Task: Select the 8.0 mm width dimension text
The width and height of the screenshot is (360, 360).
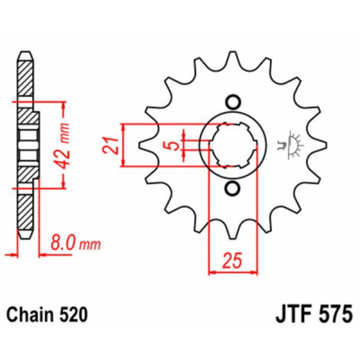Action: (75, 244)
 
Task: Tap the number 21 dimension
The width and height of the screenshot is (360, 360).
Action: (109, 145)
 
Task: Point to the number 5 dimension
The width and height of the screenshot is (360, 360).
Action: (173, 145)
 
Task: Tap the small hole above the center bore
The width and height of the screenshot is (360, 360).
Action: (232, 101)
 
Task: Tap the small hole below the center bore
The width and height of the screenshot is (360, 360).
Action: (232, 189)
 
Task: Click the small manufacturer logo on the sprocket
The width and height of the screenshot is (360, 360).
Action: (290, 144)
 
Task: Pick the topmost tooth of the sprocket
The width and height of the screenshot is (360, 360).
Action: (232, 60)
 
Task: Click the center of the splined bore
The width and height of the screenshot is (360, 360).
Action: (232, 145)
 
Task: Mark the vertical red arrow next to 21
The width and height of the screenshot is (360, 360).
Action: (123, 145)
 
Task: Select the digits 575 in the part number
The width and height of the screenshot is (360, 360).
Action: (334, 314)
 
